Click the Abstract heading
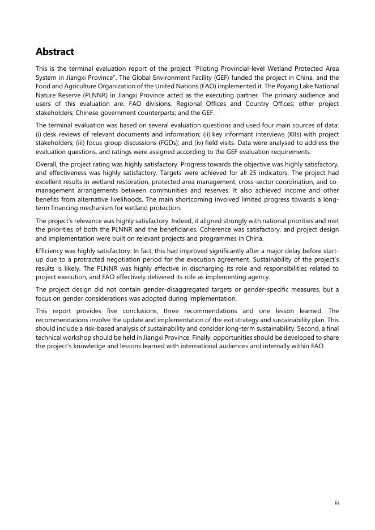click(x=55, y=52)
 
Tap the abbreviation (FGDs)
click(x=165, y=143)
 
